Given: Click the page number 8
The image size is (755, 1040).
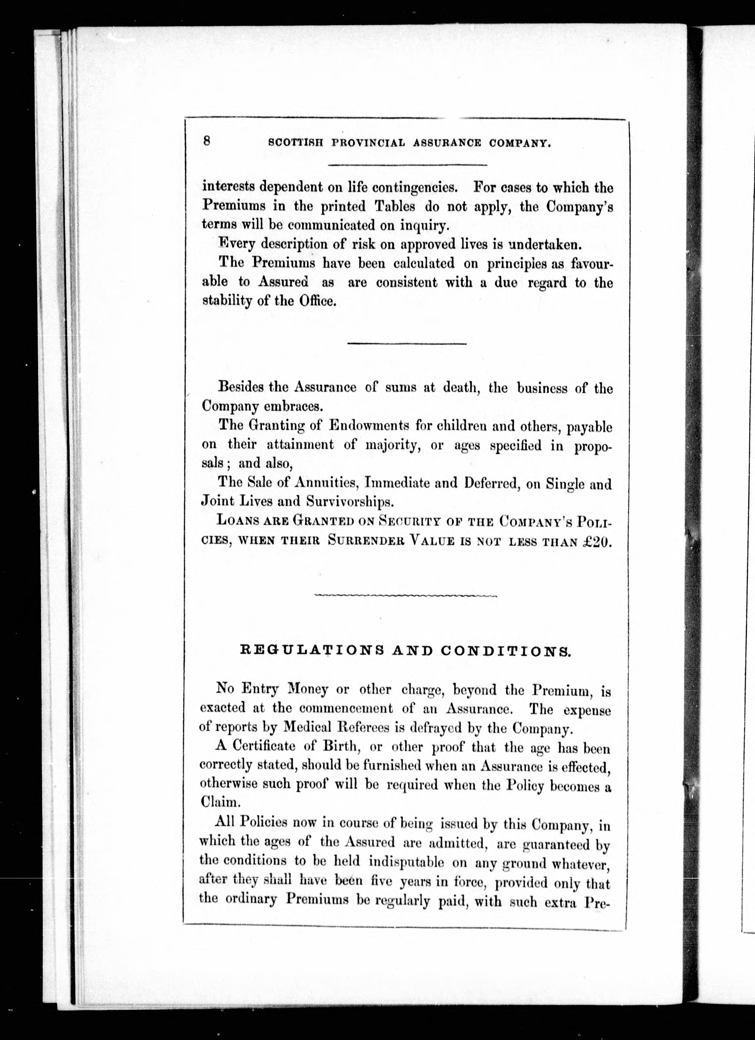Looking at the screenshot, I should pos(207,141).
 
